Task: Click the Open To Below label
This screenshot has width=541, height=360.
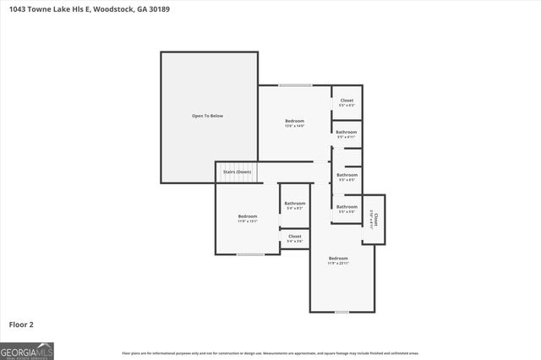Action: tap(208, 116)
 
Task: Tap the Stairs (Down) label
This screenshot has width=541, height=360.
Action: tap(237, 172)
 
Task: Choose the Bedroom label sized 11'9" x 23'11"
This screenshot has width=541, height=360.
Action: tap(338, 259)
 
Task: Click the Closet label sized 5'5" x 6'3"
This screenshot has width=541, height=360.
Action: tap(347, 101)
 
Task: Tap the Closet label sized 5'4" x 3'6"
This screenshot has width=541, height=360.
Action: tap(294, 237)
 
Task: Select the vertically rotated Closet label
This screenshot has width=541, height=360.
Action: tap(374, 220)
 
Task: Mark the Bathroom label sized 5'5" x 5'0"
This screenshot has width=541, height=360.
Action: tap(347, 208)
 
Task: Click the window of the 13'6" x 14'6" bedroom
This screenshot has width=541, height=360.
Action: tap(295, 85)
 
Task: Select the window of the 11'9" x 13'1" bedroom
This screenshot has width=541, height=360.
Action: tap(250, 254)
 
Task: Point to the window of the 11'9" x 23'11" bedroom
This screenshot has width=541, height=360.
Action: tap(341, 312)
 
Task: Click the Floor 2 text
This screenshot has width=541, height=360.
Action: tap(21, 324)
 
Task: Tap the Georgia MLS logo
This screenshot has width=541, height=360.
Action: tap(27, 351)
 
